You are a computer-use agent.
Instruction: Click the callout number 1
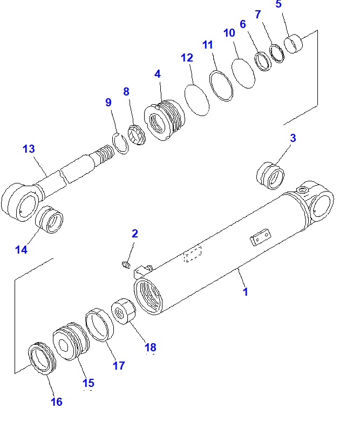[x=245, y=292]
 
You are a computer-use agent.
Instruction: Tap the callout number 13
[x=29, y=149]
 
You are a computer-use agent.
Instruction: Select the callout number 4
[x=158, y=74]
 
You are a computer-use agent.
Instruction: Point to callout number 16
[x=57, y=401]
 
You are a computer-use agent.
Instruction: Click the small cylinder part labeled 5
[x=295, y=44]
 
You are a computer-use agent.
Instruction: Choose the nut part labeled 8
[x=137, y=135]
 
